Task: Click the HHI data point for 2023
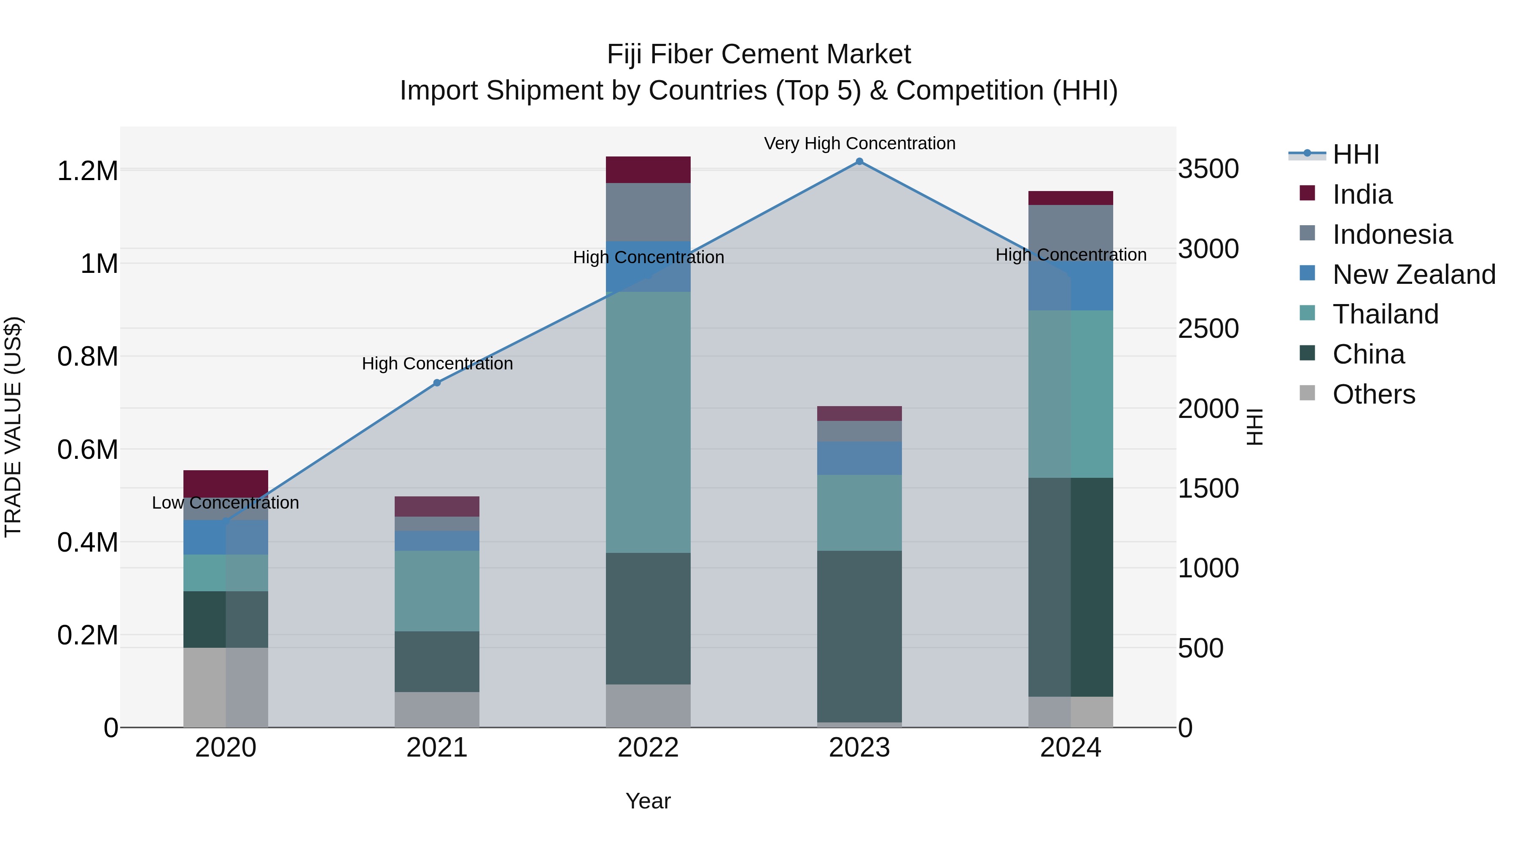tap(859, 162)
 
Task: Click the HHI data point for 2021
tap(437, 383)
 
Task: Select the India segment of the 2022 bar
tap(648, 170)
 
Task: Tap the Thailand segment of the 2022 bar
tap(648, 422)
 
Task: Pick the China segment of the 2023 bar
tap(859, 636)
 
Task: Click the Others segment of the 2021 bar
tap(437, 710)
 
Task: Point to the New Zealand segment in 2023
tap(859, 458)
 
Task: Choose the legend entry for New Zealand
tap(1413, 275)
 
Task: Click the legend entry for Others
tap(1373, 394)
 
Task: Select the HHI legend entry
tap(1355, 154)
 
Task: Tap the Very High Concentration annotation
tap(859, 143)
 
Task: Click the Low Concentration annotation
tap(226, 503)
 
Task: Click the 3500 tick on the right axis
tap(1208, 169)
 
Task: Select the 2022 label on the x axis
tap(648, 748)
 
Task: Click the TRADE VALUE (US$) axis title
tap(13, 427)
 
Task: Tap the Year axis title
tap(648, 801)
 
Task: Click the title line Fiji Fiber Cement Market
tap(759, 54)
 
